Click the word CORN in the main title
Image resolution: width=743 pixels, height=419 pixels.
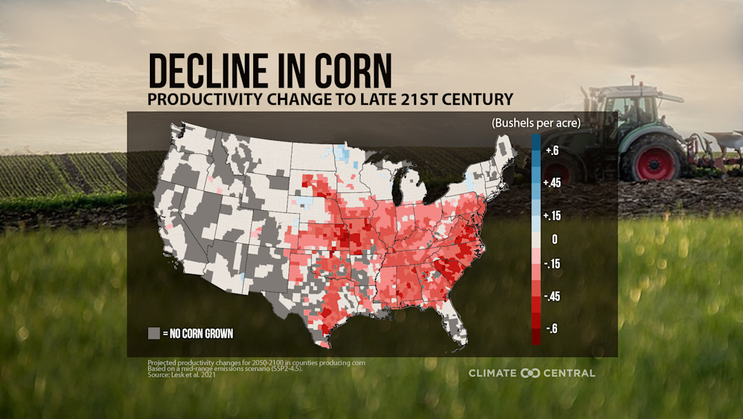coord(357,71)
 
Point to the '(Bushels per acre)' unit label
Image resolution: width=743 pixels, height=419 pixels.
coord(536,123)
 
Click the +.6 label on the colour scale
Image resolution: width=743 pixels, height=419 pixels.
coord(552,151)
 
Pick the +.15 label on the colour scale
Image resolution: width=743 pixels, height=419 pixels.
coord(553,216)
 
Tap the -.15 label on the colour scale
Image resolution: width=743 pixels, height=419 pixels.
coord(552,264)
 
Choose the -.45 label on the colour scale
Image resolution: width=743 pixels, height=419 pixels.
coord(552,296)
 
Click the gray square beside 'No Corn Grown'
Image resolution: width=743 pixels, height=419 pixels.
coord(153,334)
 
